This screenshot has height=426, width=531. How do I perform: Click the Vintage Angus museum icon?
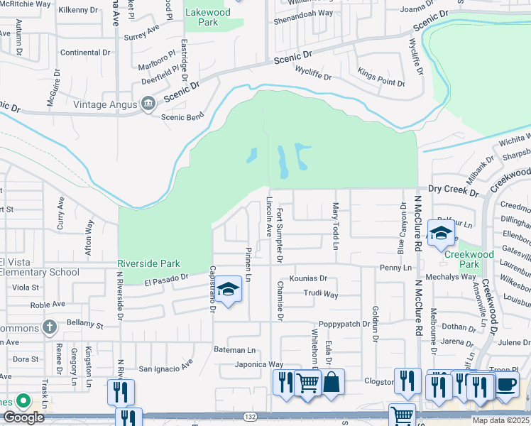(x=148, y=104)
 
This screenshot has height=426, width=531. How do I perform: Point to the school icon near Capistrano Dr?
(x=228, y=289)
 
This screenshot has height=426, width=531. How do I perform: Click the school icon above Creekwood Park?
(x=441, y=233)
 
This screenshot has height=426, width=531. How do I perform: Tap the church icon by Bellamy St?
(x=49, y=327)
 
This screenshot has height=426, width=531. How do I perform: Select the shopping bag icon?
(x=331, y=383)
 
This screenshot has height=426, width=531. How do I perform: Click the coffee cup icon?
(x=506, y=385)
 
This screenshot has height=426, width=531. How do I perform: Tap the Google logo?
(x=23, y=417)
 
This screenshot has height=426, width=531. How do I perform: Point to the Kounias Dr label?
(x=307, y=279)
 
